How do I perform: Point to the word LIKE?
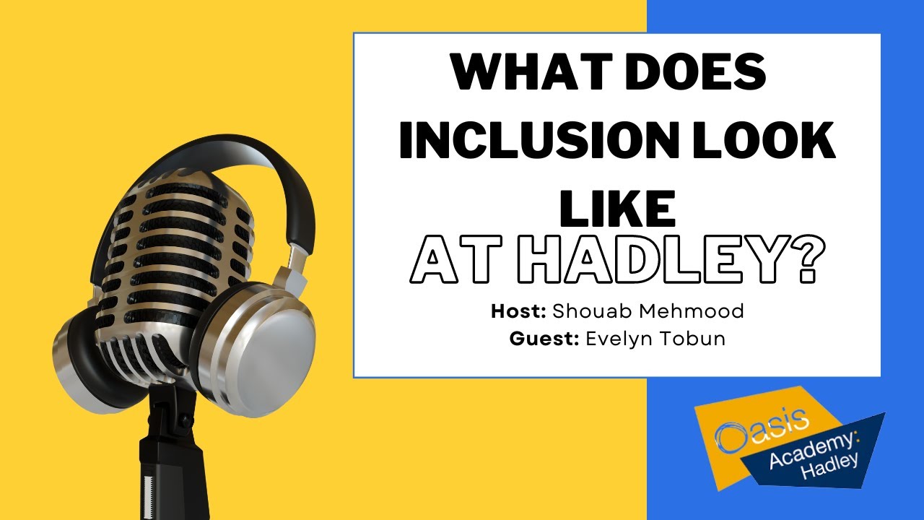[617, 207]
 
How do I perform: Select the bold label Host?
[519, 312]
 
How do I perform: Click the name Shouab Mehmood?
[648, 312]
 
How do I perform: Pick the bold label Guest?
[543, 339]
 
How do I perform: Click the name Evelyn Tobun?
[655, 339]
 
